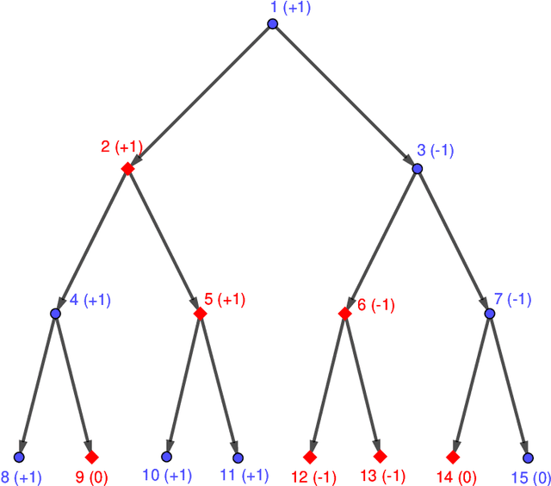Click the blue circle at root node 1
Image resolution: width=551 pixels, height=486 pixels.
[x=273, y=24]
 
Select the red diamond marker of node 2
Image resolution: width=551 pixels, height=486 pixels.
[x=127, y=169]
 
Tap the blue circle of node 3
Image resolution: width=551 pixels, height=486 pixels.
[x=418, y=169]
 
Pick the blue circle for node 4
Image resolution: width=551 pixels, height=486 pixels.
[x=55, y=314]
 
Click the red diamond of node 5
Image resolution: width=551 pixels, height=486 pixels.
[x=200, y=314]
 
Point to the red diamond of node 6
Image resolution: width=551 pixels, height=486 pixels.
[x=345, y=314]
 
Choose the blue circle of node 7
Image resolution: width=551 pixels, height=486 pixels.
[x=490, y=314]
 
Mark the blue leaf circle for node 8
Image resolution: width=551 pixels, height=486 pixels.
[x=19, y=457]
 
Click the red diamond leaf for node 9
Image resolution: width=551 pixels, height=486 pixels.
[x=91, y=457]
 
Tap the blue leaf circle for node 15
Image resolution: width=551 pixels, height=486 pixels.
[x=526, y=458]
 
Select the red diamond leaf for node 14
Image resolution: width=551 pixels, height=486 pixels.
[x=454, y=457]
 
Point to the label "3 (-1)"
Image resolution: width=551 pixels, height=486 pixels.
[x=435, y=150]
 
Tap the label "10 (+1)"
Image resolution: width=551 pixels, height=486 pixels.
[x=167, y=476]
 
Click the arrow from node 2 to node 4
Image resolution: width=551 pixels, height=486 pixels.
[x=91, y=241]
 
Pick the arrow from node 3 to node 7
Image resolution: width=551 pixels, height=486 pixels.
[x=454, y=241]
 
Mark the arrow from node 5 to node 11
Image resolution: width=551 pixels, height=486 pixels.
[x=219, y=385]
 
